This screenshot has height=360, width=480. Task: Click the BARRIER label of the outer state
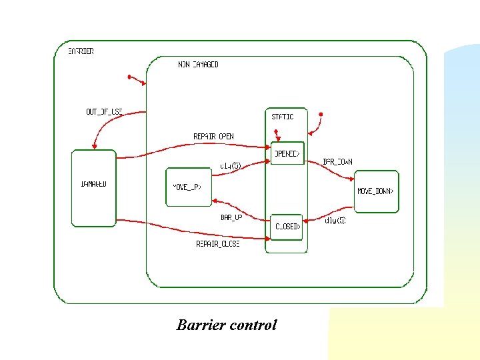click(81, 51)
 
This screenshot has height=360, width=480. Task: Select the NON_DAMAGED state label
click(198, 65)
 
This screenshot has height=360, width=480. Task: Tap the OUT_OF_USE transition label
click(104, 111)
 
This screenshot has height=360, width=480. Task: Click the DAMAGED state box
click(93, 188)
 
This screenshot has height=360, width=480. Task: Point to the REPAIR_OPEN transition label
click(213, 137)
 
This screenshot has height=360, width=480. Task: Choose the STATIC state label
click(282, 117)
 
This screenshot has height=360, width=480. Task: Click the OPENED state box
click(287, 154)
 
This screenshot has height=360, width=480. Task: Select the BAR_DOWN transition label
click(337, 161)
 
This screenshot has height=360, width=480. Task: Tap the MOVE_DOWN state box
click(376, 191)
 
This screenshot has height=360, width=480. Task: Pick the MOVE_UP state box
click(188, 187)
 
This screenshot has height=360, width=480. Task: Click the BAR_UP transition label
click(231, 217)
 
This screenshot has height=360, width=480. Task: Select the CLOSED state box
click(287, 227)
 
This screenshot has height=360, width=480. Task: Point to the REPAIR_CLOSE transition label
click(217, 244)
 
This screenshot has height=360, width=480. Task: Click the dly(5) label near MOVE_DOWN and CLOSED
click(335, 220)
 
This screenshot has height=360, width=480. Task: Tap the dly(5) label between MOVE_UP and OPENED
click(230, 166)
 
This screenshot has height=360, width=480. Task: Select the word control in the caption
click(252, 325)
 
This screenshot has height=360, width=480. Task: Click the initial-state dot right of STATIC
click(321, 115)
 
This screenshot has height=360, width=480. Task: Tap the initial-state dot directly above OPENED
click(276, 131)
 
